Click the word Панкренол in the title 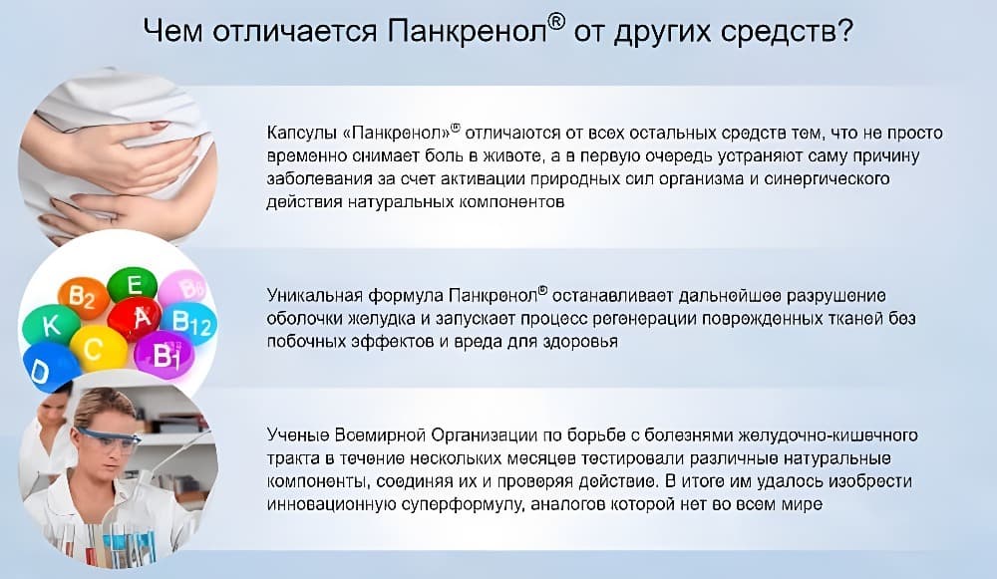click(x=466, y=32)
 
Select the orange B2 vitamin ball click(x=84, y=297)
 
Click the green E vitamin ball click(x=133, y=284)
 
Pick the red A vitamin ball click(x=135, y=317)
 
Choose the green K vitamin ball click(x=51, y=326)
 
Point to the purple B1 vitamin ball click(x=165, y=354)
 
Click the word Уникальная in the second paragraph click(x=315, y=296)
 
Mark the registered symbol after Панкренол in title click(x=555, y=22)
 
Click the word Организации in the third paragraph click(x=483, y=436)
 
